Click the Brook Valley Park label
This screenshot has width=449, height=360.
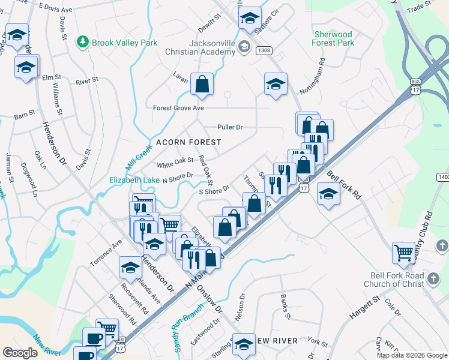[124, 43]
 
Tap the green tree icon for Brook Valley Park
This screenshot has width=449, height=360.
[82, 42]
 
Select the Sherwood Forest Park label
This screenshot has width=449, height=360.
[333, 39]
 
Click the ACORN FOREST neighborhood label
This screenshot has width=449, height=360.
[188, 142]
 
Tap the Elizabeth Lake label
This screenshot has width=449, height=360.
[134, 179]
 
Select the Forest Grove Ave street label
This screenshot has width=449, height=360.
[178, 108]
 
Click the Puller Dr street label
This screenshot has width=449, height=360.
[230, 127]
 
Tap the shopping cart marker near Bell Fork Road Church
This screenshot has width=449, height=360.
[403, 252]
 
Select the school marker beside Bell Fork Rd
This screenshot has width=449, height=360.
[327, 194]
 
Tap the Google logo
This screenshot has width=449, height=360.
[20, 353]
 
